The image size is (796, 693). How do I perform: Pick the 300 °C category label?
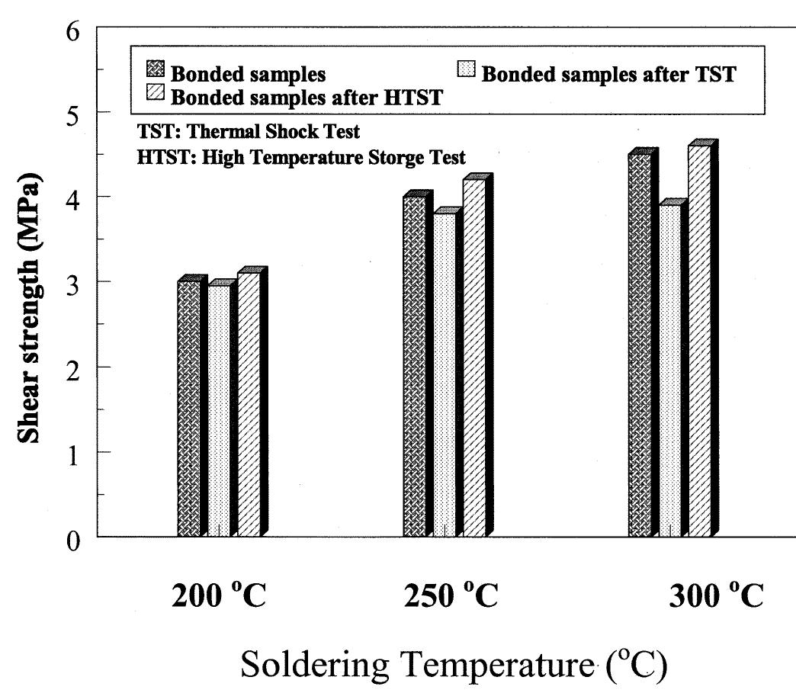714,596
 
